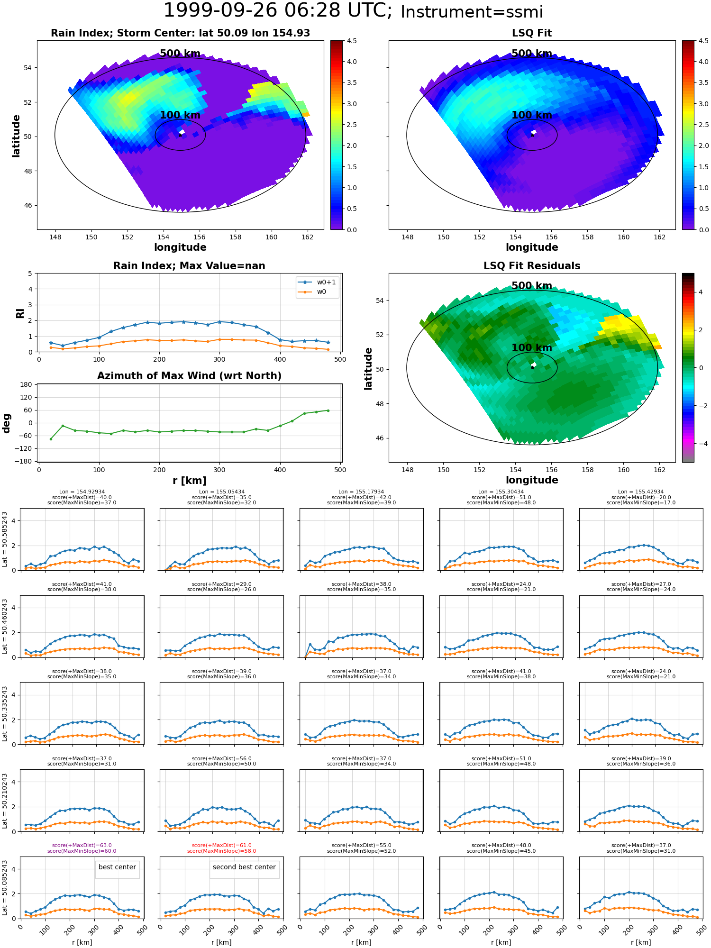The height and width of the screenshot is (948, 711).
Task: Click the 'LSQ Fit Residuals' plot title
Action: tap(532, 266)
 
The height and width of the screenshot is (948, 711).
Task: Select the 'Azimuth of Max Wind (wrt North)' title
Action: tap(189, 376)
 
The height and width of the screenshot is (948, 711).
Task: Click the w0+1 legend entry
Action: tap(317, 283)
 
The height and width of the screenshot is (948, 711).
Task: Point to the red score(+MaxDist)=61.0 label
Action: tap(221, 846)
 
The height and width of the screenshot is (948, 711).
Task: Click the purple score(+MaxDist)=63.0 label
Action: tap(82, 846)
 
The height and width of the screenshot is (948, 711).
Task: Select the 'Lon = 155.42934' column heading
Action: tap(641, 492)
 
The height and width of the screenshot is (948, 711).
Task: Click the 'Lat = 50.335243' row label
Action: tap(5, 713)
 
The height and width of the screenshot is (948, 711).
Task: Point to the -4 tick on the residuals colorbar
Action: tap(701, 444)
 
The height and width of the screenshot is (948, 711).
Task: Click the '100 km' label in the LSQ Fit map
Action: tap(532, 115)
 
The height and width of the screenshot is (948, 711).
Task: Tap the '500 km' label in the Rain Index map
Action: tap(180, 54)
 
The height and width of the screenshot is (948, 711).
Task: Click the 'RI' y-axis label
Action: tap(20, 313)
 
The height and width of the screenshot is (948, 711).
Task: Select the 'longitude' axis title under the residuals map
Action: tap(532, 480)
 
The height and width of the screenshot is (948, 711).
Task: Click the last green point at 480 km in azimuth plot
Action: tap(328, 410)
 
